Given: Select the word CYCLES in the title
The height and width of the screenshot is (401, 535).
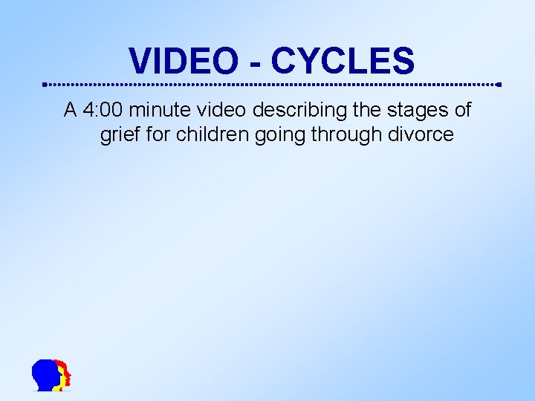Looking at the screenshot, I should (342, 61).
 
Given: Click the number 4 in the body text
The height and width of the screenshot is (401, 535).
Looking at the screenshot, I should (89, 111).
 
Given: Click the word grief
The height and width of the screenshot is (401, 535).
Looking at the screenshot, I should (117, 136).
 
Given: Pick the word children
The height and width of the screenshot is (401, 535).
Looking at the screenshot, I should (206, 136).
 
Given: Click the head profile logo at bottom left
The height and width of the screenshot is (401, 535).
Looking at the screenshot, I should (51, 375).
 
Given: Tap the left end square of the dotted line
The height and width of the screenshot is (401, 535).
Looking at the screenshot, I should (45, 84).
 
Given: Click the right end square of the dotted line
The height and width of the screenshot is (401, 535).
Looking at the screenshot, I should (499, 84).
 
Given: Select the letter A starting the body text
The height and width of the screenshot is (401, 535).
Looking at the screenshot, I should (71, 111).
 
